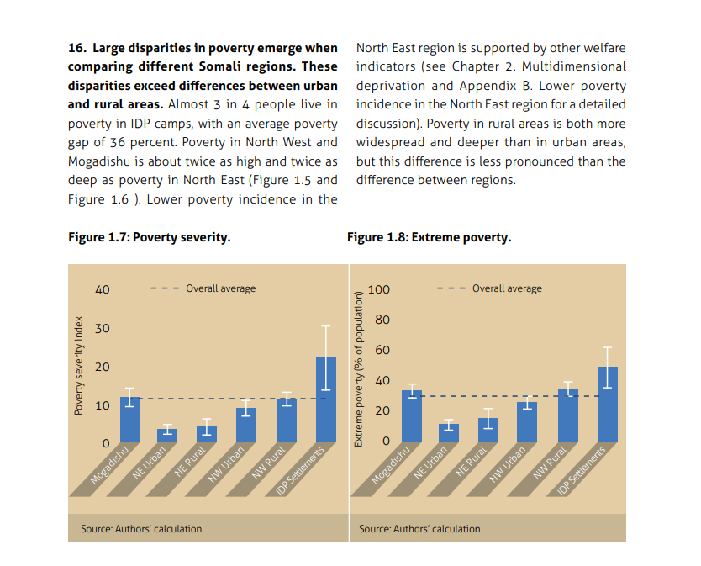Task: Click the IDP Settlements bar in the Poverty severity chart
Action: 326,400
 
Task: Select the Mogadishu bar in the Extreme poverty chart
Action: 412,416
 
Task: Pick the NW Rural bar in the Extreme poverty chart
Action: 568,415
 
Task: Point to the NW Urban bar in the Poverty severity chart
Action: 246,425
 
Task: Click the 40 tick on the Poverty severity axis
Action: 103,290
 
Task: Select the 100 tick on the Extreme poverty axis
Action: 379,290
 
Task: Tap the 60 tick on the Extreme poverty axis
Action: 382,351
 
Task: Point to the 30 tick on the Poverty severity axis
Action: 103,328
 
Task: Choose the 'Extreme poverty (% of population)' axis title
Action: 358,368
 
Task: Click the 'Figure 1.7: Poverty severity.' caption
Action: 149,237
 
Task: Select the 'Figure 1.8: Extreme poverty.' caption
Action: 429,237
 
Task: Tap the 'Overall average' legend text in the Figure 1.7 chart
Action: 220,288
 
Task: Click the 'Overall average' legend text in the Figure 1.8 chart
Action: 507,288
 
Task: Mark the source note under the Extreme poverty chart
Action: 420,529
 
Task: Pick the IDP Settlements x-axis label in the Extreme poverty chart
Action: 582,472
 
